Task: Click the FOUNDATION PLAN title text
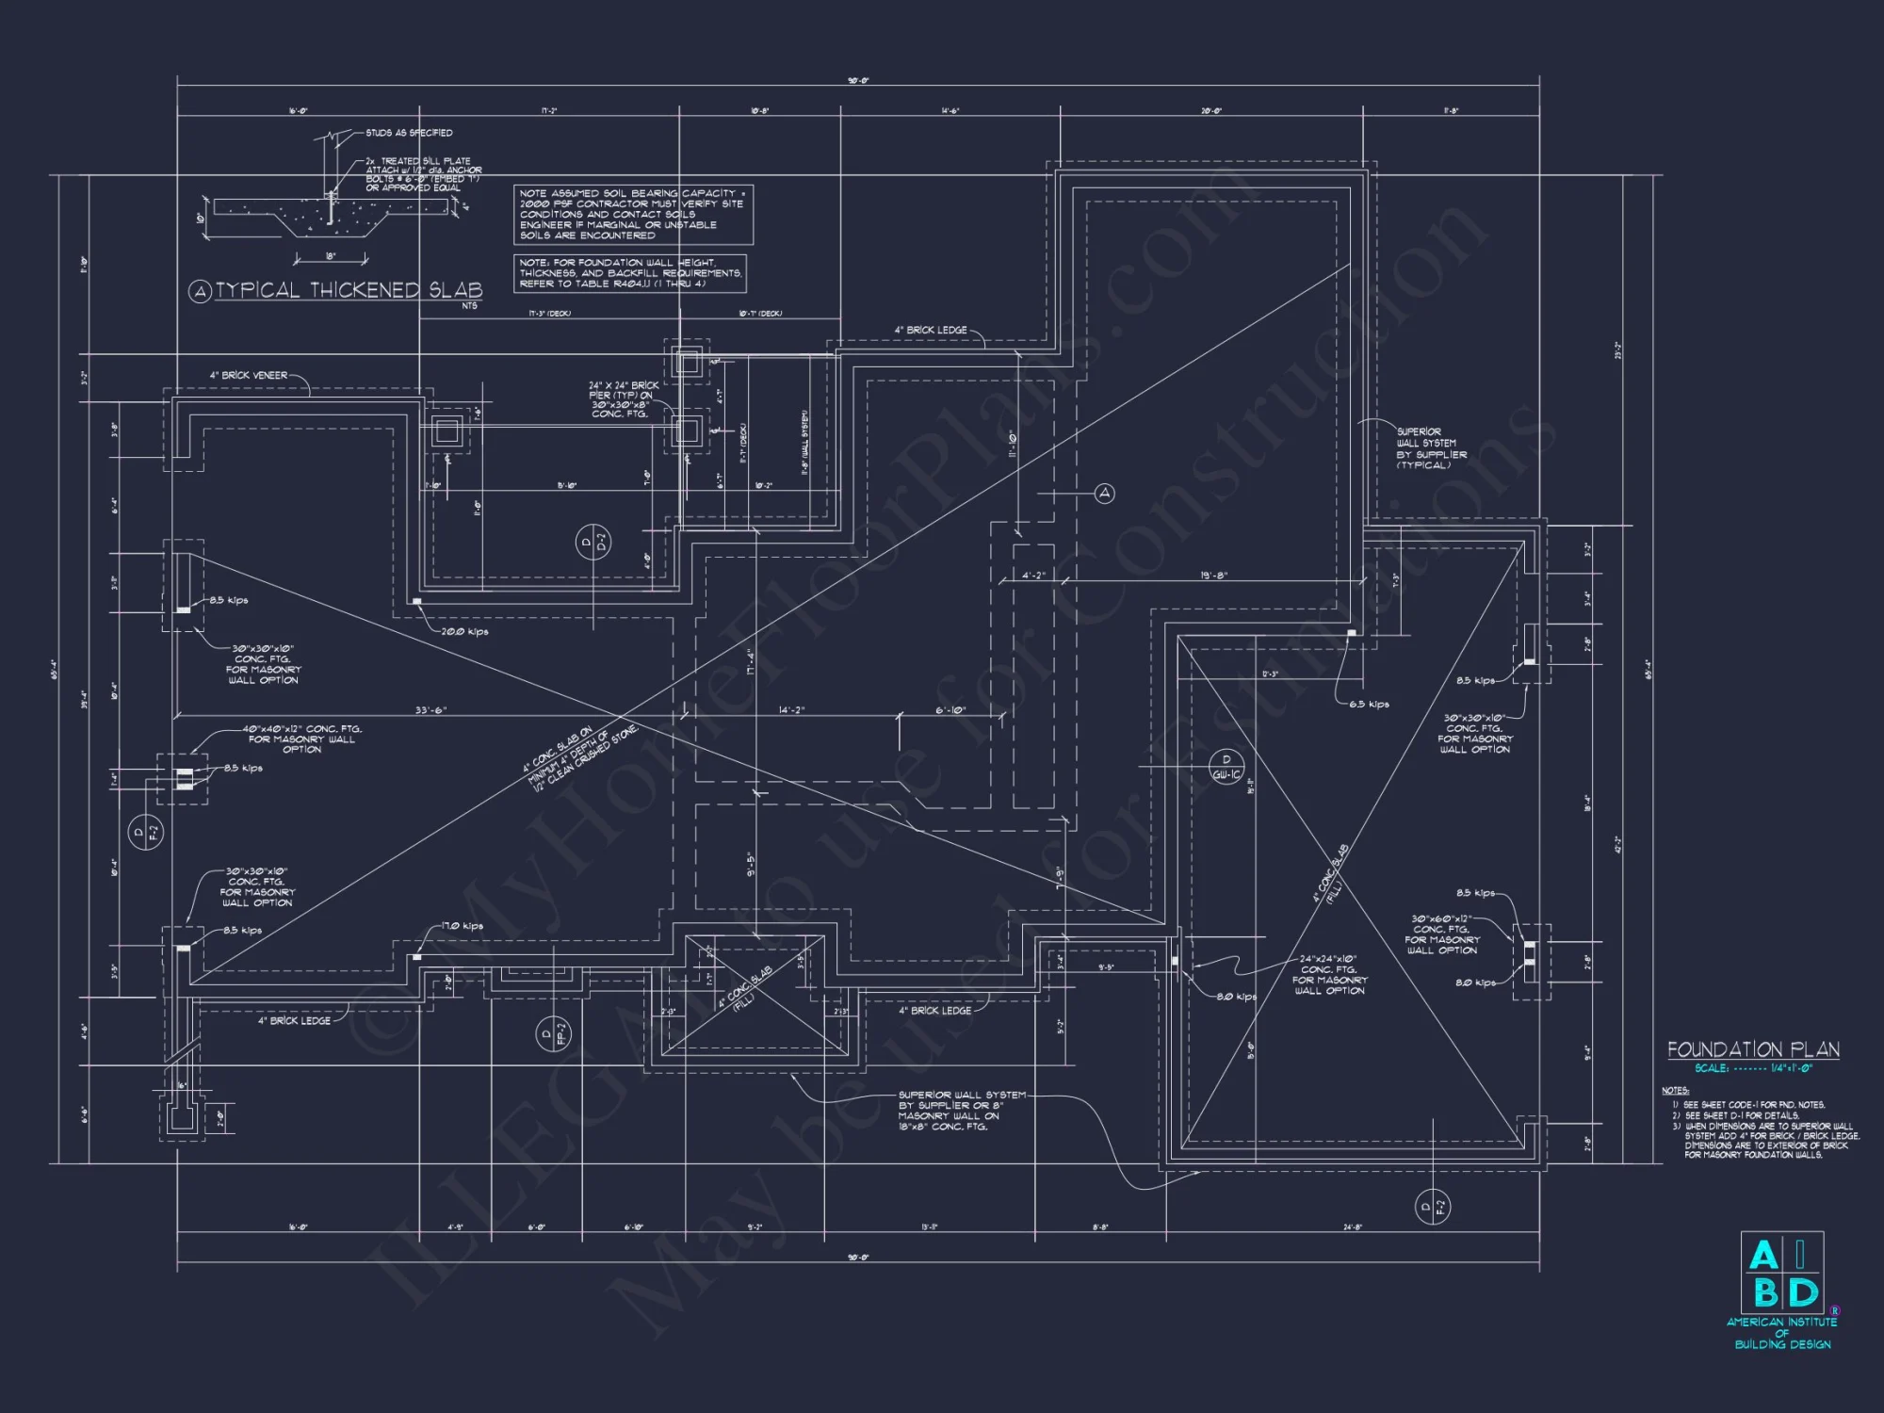pos(1753,1050)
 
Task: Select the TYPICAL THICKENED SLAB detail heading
pos(349,290)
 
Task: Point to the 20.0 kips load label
pos(464,631)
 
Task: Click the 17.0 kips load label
pos(462,926)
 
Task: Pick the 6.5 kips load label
pos(1369,704)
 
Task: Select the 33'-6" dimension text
pos(430,709)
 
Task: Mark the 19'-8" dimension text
pos(1213,575)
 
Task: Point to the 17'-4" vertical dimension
pos(751,662)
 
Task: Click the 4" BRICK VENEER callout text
pos(249,375)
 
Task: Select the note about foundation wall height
pos(630,273)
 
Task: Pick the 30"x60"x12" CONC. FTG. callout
pos(1440,934)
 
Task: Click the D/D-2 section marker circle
pos(593,543)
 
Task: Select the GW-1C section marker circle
pos(1226,767)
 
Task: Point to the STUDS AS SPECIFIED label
pos(409,133)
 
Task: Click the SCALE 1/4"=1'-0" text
pos(1753,1069)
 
